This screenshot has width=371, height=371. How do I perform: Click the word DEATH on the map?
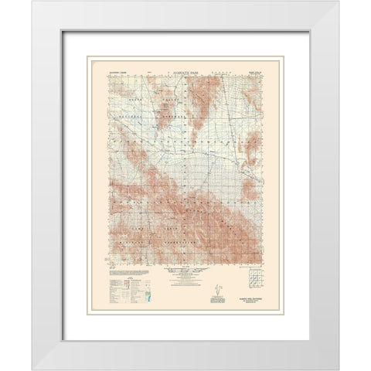[x=148, y=100]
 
